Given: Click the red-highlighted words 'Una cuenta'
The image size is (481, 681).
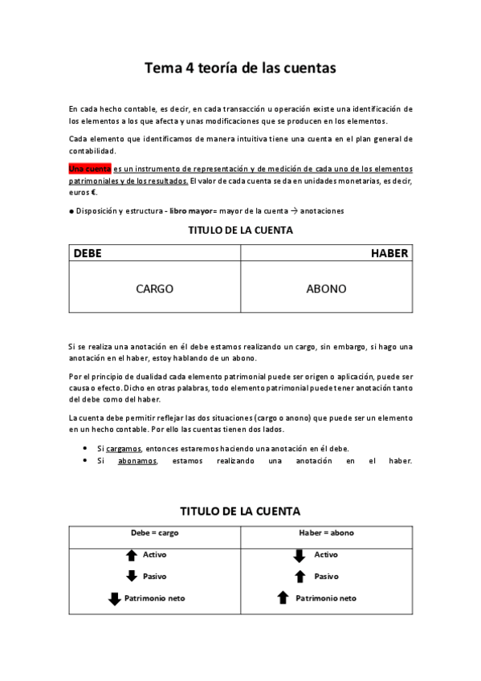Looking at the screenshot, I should point(89,169).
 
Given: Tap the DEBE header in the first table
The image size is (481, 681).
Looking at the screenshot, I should point(88,253).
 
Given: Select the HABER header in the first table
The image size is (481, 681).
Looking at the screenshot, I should point(389,253).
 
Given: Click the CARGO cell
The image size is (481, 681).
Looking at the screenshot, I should point(154,289).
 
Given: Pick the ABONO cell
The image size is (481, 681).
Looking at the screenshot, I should point(326,289).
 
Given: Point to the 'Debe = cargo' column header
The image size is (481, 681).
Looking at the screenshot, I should point(154,532).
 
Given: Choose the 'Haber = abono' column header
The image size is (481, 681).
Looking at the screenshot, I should point(326,532).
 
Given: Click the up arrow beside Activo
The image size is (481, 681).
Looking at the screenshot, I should point(132,555).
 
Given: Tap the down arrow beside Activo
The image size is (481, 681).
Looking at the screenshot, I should point(300,555).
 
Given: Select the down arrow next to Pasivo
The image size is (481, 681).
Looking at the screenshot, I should point(132,576).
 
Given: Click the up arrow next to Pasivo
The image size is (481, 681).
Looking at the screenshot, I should point(300,576).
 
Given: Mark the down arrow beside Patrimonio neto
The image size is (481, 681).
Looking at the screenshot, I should point(114,598).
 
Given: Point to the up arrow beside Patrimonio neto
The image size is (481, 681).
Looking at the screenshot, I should point(283,597).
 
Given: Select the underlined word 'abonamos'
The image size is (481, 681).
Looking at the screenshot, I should point(137,461).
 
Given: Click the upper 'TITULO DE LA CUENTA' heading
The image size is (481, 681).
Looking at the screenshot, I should point(240,230).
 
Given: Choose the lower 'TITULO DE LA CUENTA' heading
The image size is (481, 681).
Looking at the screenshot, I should point(240,511).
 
